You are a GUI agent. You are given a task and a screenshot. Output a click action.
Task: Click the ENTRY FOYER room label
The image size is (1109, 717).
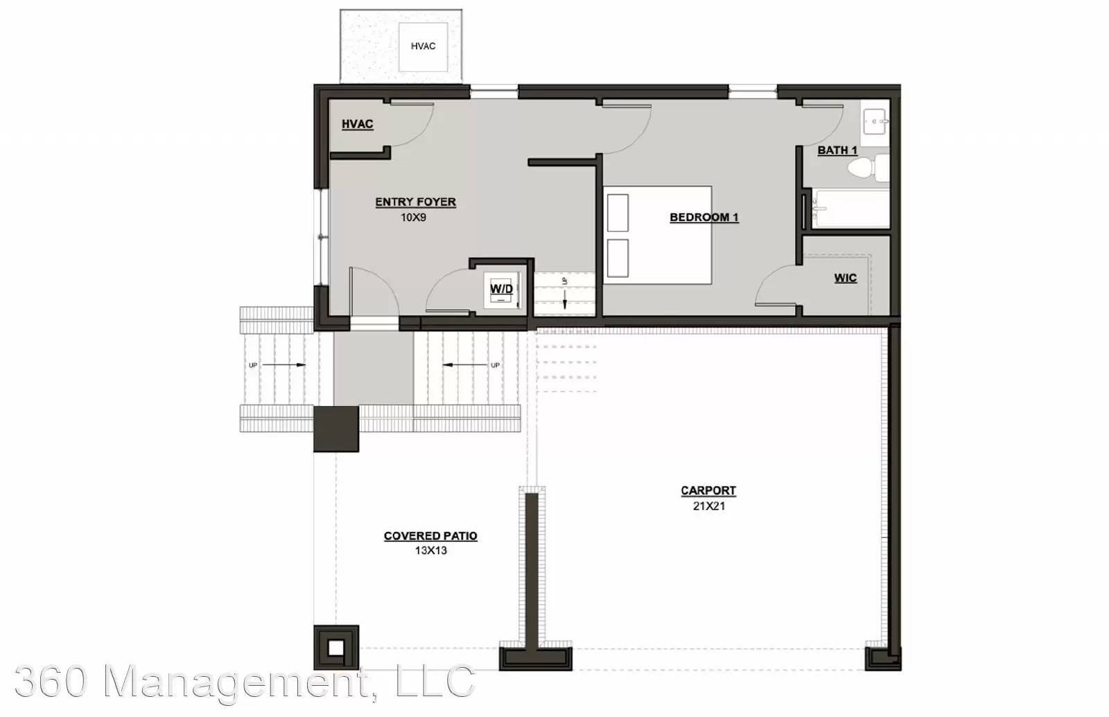(415, 202)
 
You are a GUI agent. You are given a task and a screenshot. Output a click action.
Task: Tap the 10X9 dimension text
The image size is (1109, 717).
(413, 218)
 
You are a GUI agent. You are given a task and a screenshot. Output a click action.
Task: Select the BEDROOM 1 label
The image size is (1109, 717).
(704, 218)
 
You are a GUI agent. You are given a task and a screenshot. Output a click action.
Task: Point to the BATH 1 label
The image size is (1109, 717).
(837, 150)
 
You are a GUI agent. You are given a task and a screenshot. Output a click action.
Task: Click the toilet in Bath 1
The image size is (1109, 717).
(868, 167)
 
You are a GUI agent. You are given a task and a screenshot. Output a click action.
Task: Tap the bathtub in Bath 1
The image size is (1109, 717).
(850, 209)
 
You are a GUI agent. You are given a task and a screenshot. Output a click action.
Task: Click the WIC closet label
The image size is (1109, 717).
(845, 278)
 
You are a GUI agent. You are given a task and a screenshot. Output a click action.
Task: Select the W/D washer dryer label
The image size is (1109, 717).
(502, 288)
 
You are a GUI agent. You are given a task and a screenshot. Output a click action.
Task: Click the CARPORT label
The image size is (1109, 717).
(708, 490)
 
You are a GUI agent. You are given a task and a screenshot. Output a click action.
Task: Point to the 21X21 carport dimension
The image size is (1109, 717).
(709, 506)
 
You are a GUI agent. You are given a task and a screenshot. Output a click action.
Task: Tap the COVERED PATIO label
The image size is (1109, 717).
(430, 536)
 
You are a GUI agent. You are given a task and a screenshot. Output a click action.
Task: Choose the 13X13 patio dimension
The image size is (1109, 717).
(430, 550)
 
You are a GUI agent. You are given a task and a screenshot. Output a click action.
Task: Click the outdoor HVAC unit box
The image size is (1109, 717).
(423, 46)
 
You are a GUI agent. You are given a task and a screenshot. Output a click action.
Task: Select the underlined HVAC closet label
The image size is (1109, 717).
(358, 124)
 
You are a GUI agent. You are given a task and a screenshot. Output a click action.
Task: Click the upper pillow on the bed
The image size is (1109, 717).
(618, 213)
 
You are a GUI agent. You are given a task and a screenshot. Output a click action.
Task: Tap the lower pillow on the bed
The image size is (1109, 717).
(618, 258)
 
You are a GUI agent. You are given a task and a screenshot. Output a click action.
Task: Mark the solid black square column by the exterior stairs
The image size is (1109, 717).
(336, 429)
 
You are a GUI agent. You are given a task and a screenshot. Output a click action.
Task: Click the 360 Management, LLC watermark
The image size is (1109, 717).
(245, 681)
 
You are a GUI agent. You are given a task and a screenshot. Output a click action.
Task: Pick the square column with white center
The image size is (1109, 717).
(336, 648)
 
